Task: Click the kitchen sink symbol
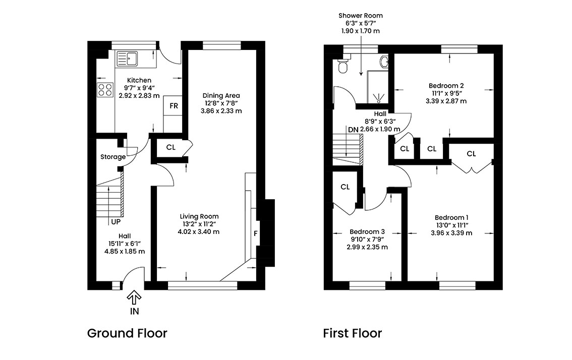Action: click(x=127, y=58)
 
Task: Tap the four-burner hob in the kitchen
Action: click(x=105, y=90)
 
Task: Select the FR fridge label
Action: click(x=174, y=106)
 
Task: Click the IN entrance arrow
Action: click(x=134, y=297)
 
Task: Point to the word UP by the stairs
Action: click(x=116, y=222)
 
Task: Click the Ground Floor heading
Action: click(x=127, y=333)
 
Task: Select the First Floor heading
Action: click(x=353, y=333)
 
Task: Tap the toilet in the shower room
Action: click(x=343, y=65)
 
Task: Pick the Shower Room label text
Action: click(x=361, y=15)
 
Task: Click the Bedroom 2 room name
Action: click(x=446, y=86)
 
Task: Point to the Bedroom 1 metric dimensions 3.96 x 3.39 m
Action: click(x=451, y=233)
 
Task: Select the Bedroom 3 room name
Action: click(x=367, y=231)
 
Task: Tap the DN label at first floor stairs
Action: click(x=353, y=130)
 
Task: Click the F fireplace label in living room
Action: click(x=256, y=233)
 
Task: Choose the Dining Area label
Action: click(x=221, y=96)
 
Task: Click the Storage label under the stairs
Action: click(x=113, y=157)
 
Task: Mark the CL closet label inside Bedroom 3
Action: click(x=345, y=187)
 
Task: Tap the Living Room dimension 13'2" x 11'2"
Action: click(x=199, y=224)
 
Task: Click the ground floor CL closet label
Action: click(x=170, y=147)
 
